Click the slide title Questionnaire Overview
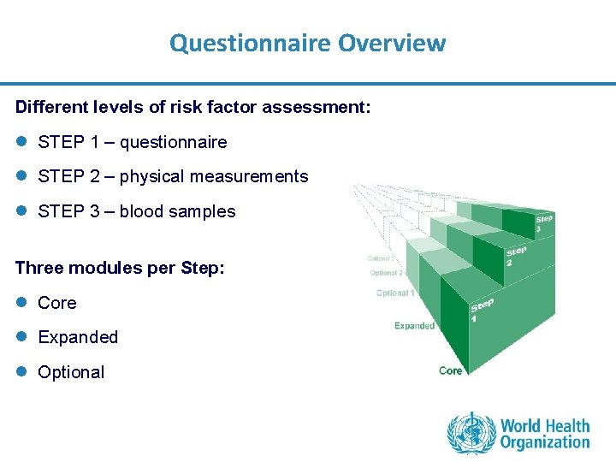tap(307, 42)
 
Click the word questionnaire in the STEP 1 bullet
tap(173, 142)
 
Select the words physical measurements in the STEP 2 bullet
tap(214, 176)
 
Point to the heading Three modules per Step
tap(120, 268)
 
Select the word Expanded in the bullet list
tap(78, 337)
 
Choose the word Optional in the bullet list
tap(71, 372)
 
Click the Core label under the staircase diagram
tap(451, 370)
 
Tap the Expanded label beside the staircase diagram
tap(414, 326)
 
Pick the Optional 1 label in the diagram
tap(395, 293)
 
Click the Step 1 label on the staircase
tap(482, 311)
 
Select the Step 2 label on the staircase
tap(516, 256)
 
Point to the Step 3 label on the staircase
tap(543, 223)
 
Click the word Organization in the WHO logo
tap(545, 442)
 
